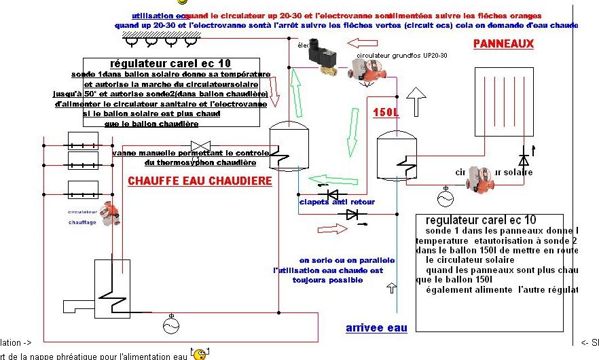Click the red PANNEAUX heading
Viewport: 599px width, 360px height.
click(503, 44)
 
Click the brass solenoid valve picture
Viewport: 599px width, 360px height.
click(323, 60)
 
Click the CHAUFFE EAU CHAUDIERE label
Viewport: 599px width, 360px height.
click(200, 181)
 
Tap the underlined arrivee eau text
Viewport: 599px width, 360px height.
click(376, 328)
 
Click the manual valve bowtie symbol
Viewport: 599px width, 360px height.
click(200, 146)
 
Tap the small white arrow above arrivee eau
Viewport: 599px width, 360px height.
click(391, 288)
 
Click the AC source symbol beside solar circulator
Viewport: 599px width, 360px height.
click(446, 198)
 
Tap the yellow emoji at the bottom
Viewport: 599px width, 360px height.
click(198, 354)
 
